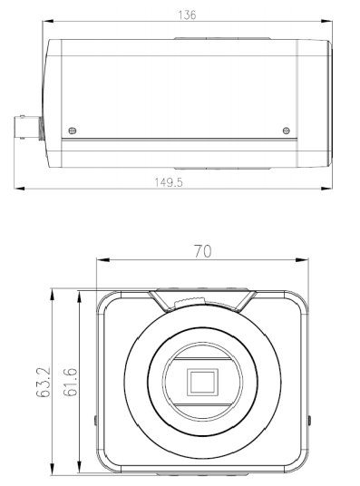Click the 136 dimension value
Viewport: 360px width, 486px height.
click(187, 15)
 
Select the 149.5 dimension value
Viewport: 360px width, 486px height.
click(169, 182)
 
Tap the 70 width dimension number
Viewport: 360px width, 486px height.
click(203, 251)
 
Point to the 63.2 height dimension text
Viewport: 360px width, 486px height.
click(44, 382)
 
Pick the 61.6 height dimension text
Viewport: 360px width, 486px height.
click(70, 382)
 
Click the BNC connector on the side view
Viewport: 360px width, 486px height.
click(28, 127)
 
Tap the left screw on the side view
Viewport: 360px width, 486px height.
click(72, 131)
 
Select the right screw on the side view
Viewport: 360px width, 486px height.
click(287, 131)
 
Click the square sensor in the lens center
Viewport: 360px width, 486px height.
click(202, 382)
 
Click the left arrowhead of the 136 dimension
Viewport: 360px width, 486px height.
click(48, 21)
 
